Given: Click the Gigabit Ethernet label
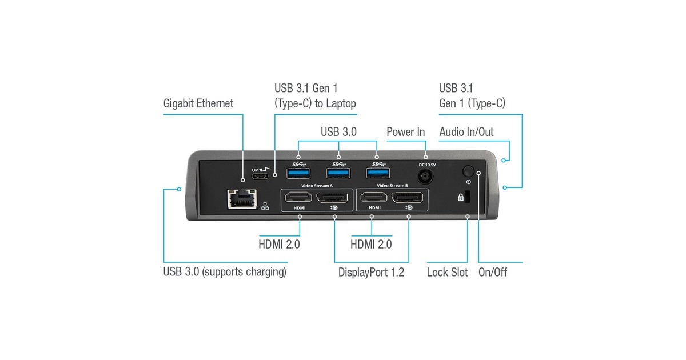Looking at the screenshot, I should tap(198, 104).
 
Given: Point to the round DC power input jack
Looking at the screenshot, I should tap(426, 177).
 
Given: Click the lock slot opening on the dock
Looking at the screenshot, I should tap(466, 197).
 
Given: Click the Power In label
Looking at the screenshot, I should tap(406, 132).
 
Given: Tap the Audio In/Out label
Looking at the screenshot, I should tap(466, 132).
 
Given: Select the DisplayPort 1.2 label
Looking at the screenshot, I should tap(371, 272).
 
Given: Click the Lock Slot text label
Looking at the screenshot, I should tap(447, 272).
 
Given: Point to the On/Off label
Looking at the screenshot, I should tap(493, 272).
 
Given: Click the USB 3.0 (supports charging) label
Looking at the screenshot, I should tap(225, 272).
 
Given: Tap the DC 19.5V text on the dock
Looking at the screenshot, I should tap(426, 164).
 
